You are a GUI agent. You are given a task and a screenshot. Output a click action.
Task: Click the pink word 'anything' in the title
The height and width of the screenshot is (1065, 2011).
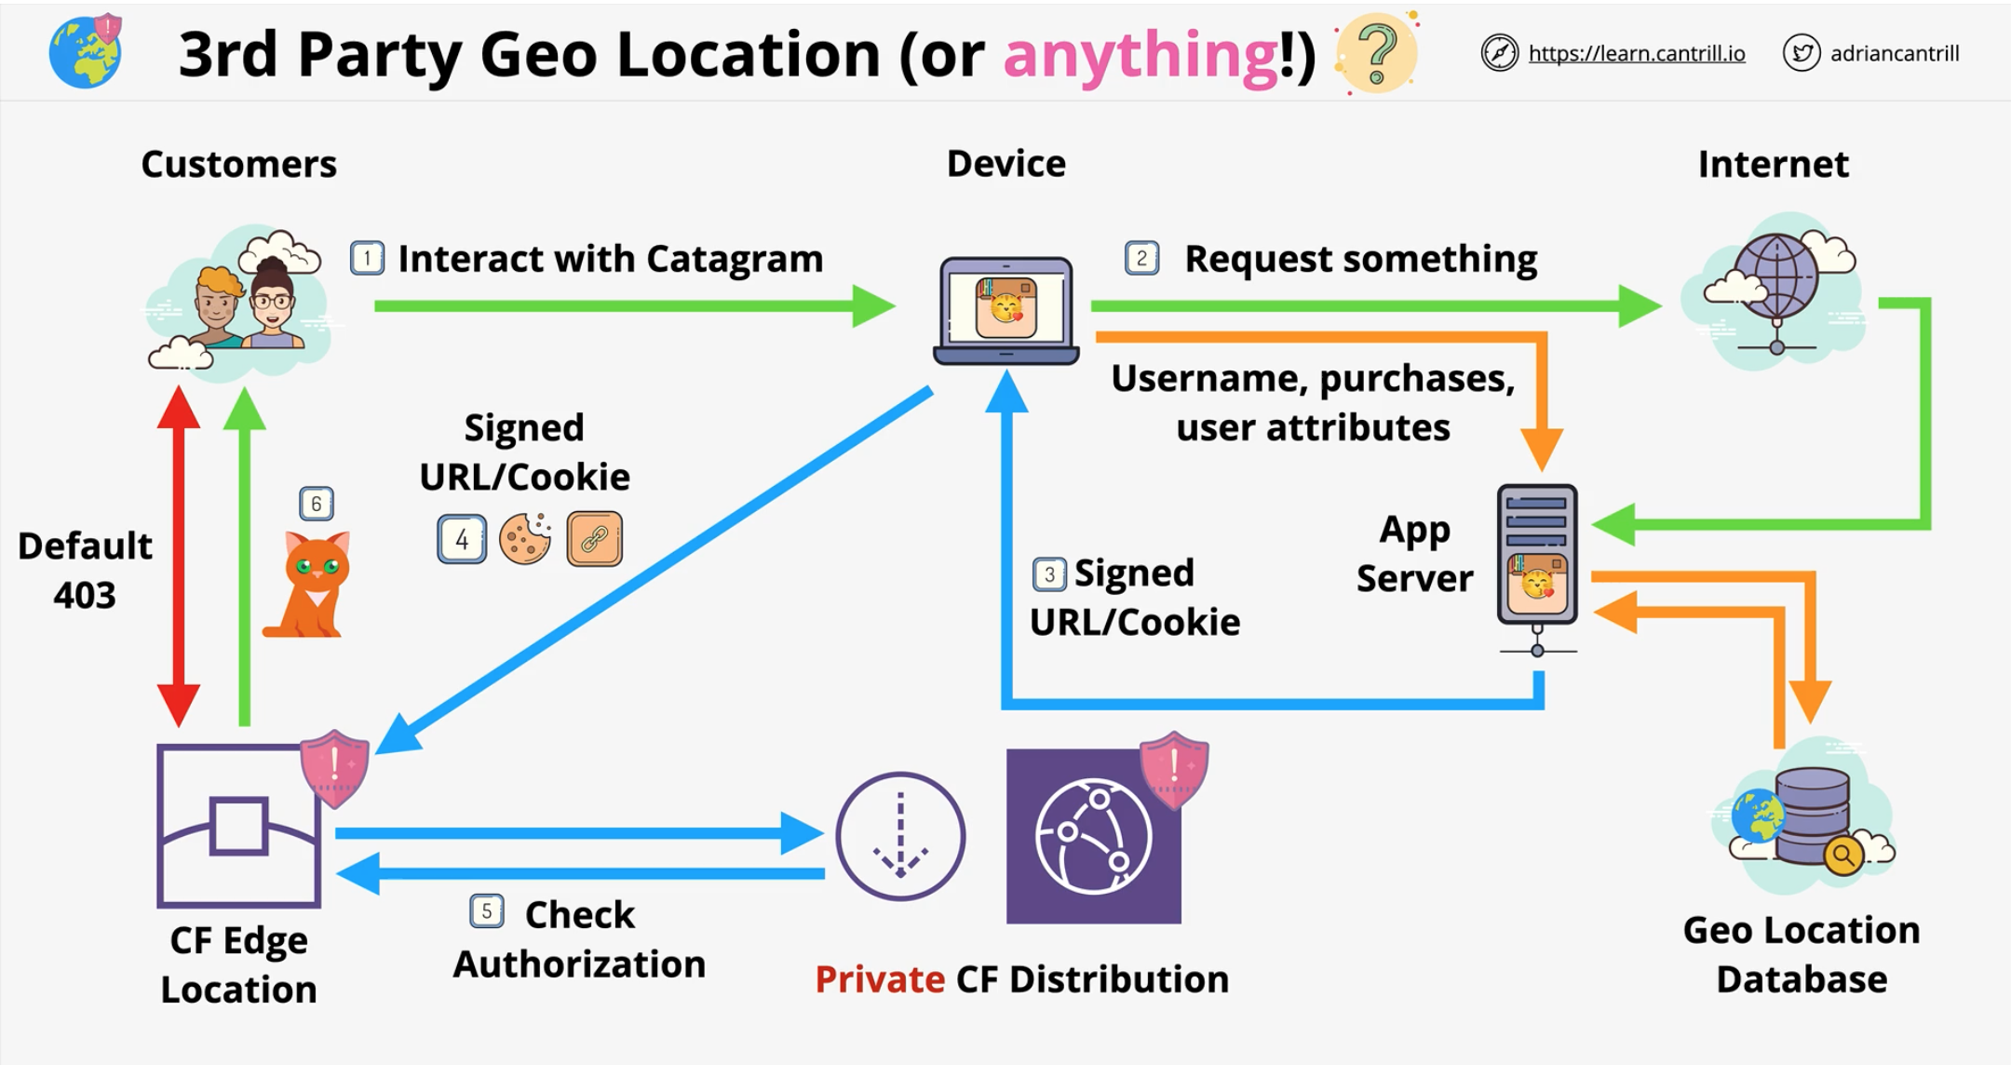1140,55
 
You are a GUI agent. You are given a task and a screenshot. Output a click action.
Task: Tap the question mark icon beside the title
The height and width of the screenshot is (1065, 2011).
1377,53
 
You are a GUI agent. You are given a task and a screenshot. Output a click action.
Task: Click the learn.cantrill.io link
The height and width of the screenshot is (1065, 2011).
1636,54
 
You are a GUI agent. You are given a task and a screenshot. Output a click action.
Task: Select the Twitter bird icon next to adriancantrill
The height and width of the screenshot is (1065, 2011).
1801,53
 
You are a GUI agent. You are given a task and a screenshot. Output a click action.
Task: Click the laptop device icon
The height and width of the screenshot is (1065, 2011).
1005,310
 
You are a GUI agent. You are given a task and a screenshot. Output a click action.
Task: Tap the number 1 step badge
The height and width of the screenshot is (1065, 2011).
367,258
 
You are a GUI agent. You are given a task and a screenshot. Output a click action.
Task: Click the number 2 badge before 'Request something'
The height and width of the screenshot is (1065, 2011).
1141,258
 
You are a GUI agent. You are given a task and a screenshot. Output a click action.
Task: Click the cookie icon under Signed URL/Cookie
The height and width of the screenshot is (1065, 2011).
525,539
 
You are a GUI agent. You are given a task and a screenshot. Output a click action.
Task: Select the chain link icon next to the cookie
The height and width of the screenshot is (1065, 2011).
594,539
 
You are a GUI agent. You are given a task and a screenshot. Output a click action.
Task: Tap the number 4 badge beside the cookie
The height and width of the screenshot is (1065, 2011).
462,539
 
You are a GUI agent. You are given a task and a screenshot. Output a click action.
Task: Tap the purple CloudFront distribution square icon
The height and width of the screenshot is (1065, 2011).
1093,836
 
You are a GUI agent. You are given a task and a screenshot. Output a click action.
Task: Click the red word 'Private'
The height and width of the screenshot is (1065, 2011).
880,979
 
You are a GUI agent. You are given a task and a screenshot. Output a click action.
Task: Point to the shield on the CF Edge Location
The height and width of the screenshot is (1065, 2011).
334,767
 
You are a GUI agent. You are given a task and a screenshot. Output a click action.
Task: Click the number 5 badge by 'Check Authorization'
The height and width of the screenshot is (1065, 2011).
487,910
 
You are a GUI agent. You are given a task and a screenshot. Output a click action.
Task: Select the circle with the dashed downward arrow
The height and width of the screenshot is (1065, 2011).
899,836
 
